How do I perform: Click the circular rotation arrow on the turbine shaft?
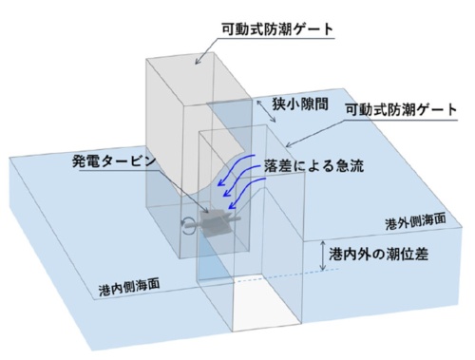click(191, 225)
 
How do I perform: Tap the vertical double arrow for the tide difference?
click(324, 255)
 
